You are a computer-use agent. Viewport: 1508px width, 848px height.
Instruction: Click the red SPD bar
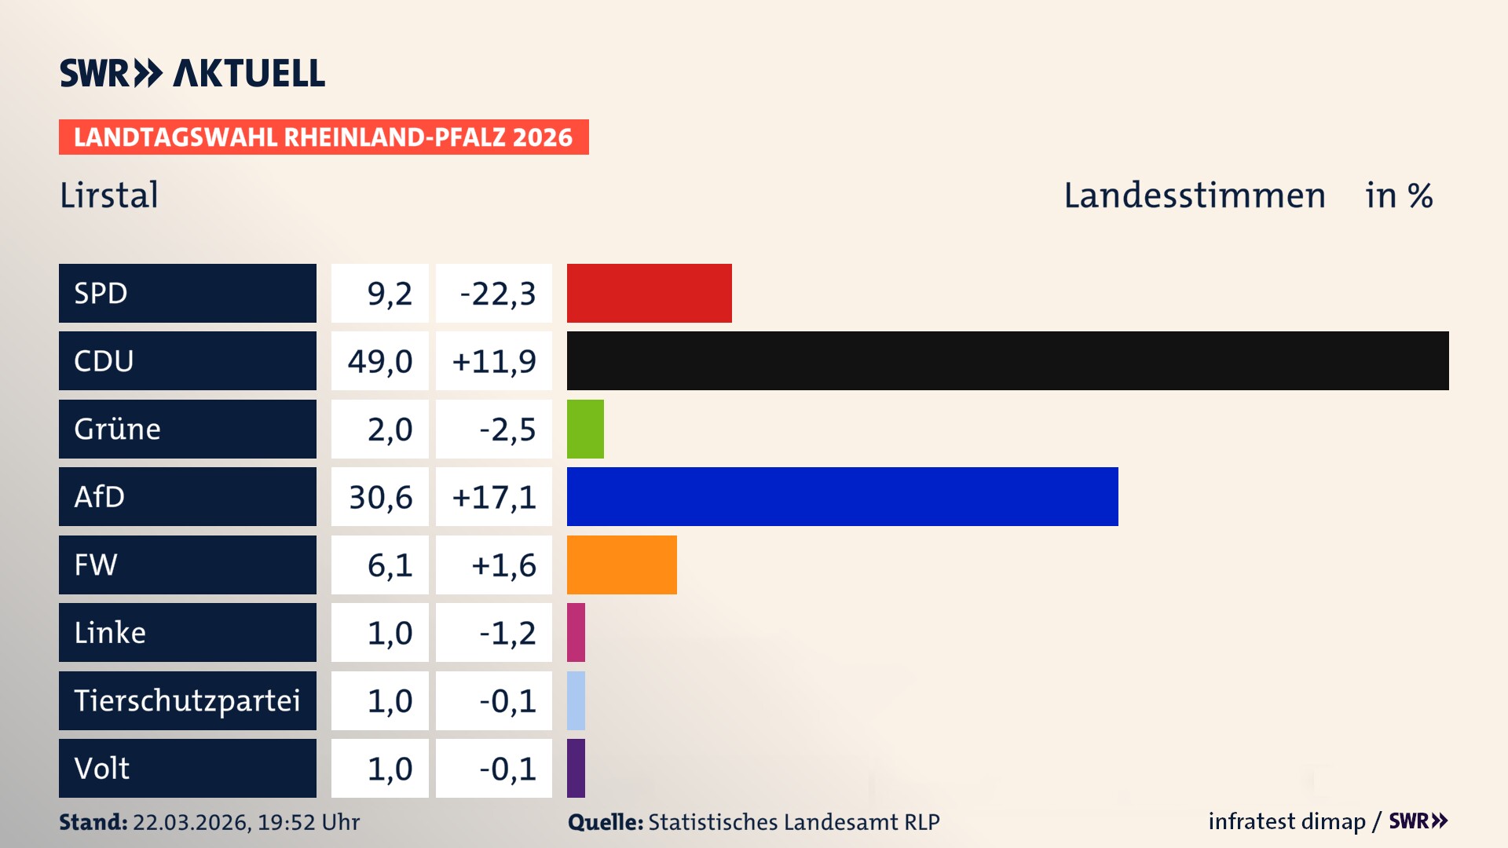point(649,293)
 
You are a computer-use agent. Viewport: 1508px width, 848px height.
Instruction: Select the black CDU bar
point(1007,360)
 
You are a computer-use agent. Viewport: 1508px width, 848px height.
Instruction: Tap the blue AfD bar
point(842,496)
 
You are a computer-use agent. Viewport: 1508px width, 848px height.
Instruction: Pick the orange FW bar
point(621,565)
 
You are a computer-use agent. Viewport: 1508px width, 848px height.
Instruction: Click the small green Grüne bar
point(585,429)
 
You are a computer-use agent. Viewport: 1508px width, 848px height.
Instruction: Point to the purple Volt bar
point(576,768)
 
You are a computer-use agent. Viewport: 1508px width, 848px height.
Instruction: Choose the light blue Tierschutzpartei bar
point(576,700)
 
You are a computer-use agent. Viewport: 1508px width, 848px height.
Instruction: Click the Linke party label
point(110,633)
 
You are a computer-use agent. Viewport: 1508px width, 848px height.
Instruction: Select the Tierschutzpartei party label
point(187,700)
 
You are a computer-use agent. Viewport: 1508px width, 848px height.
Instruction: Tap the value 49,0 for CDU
point(380,361)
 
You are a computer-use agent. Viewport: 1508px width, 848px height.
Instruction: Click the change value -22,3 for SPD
point(497,294)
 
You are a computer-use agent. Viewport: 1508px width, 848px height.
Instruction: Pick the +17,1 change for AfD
point(494,497)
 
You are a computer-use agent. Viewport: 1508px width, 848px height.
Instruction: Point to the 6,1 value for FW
point(390,565)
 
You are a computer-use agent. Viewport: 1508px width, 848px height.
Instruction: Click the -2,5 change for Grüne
point(507,429)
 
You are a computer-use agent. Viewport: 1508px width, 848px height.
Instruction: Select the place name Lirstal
point(109,195)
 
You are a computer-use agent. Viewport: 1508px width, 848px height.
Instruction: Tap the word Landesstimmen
point(1194,196)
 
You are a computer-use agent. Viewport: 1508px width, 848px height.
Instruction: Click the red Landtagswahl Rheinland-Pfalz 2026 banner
point(323,137)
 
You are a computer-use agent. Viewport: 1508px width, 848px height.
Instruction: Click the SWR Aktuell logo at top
point(192,73)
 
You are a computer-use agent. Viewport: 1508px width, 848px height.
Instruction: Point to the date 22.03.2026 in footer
point(191,822)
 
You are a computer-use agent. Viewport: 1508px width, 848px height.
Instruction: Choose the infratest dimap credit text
point(1287,821)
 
